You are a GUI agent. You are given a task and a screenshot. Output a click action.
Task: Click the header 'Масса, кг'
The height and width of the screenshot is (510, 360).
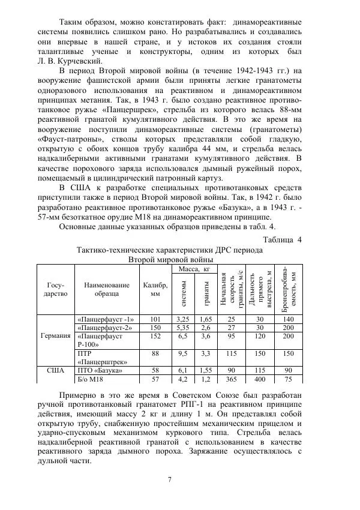(193, 270)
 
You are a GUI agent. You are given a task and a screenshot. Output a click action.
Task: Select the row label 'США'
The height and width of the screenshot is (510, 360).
(55, 370)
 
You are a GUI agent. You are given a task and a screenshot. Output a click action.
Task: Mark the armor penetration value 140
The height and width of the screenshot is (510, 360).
(289, 319)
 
